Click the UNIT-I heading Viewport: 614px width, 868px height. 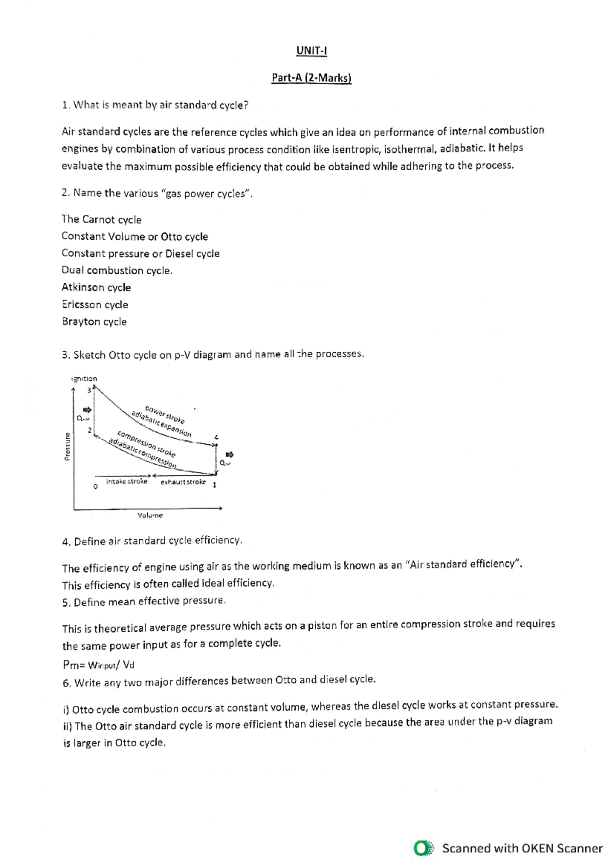point(311,51)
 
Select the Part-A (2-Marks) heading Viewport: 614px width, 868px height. point(311,78)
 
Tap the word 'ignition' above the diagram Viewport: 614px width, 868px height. point(84,379)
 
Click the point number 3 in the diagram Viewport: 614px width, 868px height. point(89,391)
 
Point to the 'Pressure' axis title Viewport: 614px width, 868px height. point(68,446)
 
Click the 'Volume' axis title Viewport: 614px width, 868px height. point(150,515)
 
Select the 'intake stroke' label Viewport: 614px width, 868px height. point(126,482)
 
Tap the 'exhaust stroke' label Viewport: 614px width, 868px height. point(183,482)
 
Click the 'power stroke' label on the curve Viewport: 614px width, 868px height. point(165,415)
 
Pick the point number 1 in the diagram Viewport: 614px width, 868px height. point(214,485)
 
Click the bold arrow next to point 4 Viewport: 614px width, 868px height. point(229,454)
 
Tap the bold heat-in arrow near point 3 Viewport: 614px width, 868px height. point(87,409)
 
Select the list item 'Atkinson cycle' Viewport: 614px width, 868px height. point(96,287)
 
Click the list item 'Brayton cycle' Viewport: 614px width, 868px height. point(94,322)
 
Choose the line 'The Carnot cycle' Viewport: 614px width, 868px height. point(101,219)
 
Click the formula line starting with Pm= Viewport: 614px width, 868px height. point(98,665)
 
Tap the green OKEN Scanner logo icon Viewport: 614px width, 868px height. point(423,848)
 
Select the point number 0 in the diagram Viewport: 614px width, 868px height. point(95,486)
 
